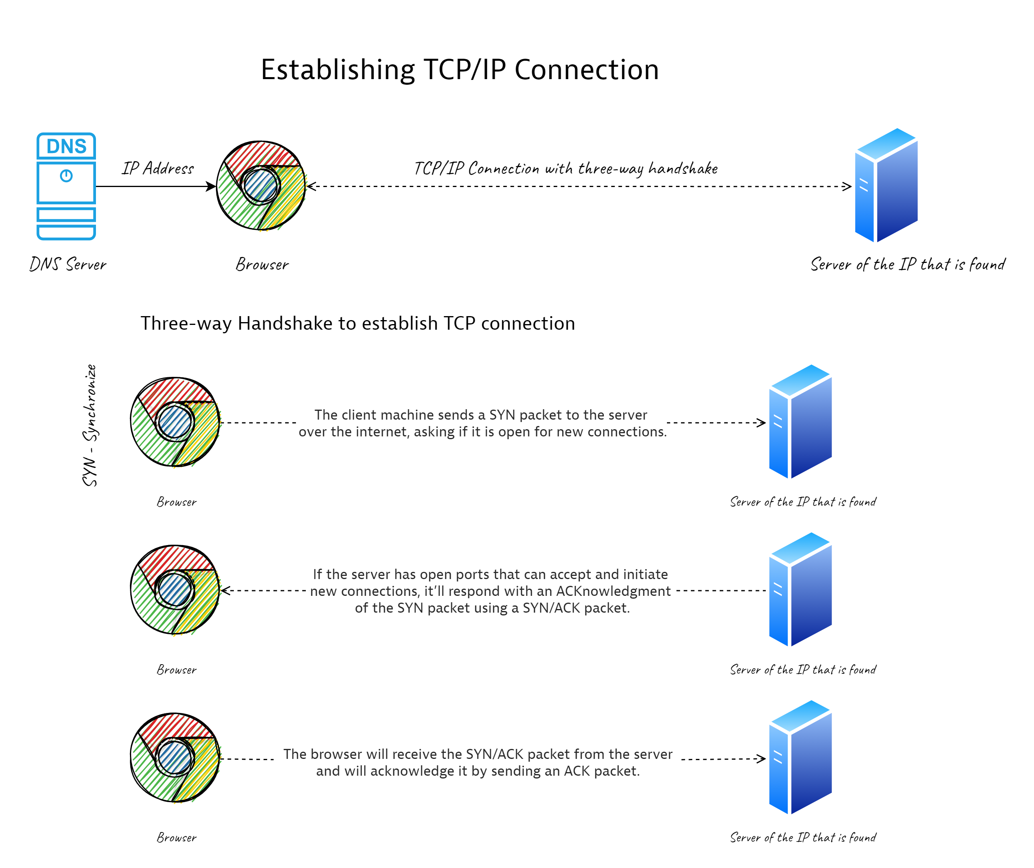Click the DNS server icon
point(66,186)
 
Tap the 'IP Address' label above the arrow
point(158,168)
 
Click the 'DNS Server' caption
point(68,264)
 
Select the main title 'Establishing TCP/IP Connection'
point(459,70)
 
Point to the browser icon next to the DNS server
point(261,185)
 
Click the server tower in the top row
point(886,185)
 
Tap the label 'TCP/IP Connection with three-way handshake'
point(566,168)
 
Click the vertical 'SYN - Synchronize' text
point(90,425)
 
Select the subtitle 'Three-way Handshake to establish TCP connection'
point(358,323)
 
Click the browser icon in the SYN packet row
point(175,422)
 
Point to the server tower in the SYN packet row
point(800,422)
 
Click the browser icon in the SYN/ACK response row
point(175,590)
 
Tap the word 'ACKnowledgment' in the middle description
point(613,591)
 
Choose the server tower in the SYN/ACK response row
point(800,589)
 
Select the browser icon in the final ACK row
point(175,758)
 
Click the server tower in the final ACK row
point(800,758)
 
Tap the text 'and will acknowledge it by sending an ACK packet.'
point(478,771)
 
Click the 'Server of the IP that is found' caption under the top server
point(908,264)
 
